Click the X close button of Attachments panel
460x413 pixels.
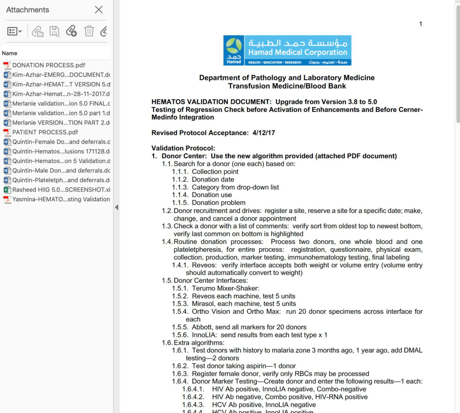point(99,10)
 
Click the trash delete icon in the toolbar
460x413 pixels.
point(89,31)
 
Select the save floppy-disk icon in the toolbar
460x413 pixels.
point(54,31)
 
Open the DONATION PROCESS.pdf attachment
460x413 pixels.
point(49,65)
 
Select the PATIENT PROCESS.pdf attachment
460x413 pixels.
point(45,132)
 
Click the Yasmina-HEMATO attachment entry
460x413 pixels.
point(61,199)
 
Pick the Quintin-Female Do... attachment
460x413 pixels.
point(61,142)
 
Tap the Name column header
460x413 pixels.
point(9,53)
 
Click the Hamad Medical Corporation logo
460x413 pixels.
point(287,50)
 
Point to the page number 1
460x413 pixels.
point(420,24)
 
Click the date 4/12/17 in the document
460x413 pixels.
point(264,133)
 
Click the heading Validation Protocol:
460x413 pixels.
point(183,148)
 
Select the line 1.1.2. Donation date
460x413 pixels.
point(213,179)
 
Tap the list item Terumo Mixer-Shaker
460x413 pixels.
point(225,288)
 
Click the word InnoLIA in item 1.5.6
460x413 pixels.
point(205,335)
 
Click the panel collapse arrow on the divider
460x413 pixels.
point(117,207)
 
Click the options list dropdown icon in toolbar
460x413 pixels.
point(15,31)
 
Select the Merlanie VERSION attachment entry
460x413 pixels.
point(61,123)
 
